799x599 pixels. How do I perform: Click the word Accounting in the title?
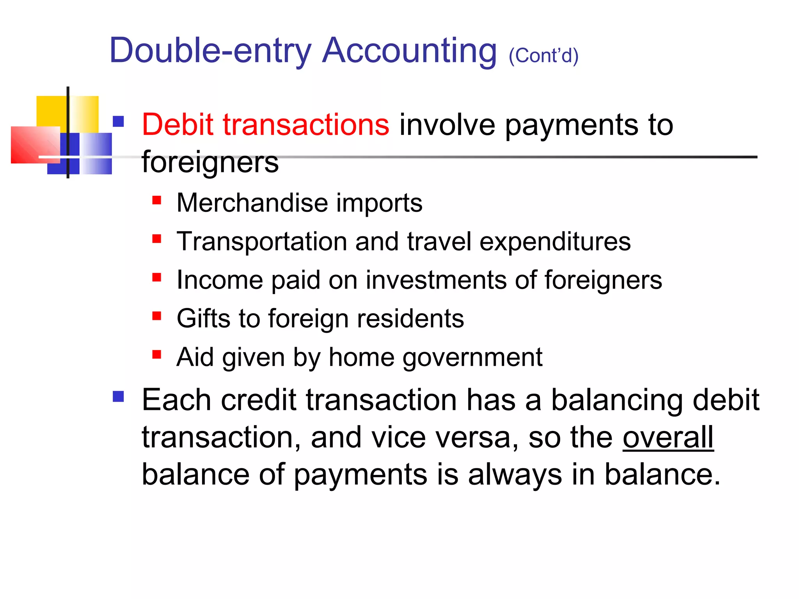409,51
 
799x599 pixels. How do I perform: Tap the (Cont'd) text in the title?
543,55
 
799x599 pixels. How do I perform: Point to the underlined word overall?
668,437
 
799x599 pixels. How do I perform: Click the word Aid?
195,357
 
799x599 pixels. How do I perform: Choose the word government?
472,358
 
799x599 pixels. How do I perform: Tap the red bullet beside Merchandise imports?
157,200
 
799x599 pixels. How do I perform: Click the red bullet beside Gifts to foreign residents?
157,316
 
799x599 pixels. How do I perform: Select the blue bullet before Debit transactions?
118,122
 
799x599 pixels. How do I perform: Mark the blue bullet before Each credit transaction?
118,397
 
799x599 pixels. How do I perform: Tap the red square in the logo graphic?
33,145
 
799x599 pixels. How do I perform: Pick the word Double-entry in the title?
210,51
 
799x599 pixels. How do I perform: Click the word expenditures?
555,242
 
